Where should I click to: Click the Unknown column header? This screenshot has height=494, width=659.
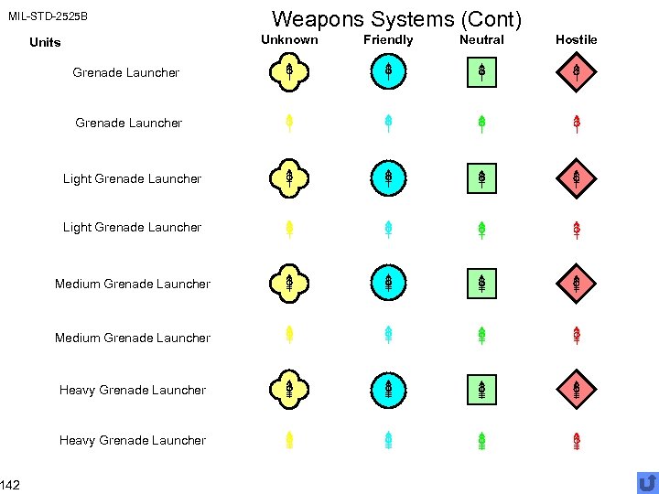pos(289,40)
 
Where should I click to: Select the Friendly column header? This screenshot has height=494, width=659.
pos(388,40)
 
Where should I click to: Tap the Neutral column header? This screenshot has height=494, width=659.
pos(481,40)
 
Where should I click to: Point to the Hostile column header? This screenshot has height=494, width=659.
pos(576,40)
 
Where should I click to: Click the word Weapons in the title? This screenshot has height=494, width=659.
pos(310,19)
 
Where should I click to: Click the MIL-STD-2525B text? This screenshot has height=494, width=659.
pos(48,16)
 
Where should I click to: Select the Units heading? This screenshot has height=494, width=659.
pos(45,42)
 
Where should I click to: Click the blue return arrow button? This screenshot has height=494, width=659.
pos(647,482)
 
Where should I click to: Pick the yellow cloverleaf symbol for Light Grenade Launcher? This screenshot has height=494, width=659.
pos(288,177)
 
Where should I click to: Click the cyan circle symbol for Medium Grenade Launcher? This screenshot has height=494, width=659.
pos(388,283)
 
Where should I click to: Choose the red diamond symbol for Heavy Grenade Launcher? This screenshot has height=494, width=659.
pos(576,390)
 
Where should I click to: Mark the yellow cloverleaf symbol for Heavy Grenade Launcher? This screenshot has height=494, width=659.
pos(288,390)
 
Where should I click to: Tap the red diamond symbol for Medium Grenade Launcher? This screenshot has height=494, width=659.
pos(576,283)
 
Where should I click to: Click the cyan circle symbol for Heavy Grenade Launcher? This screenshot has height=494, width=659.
pos(388,390)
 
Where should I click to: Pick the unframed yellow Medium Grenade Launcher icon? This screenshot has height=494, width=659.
pos(288,336)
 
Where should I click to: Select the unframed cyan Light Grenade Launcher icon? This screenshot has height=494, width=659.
pos(388,229)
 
